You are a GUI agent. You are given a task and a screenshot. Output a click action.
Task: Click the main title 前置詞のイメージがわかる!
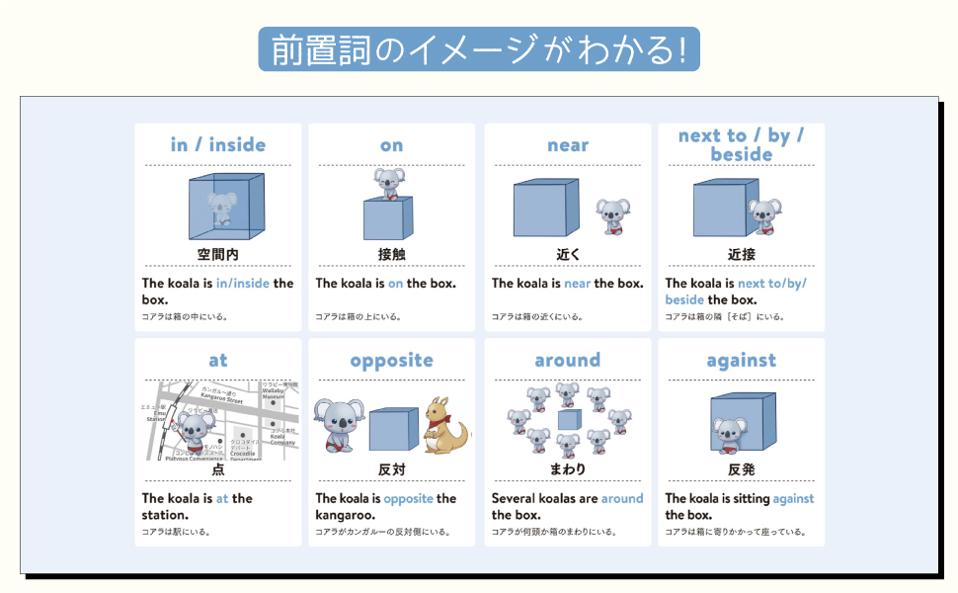478,48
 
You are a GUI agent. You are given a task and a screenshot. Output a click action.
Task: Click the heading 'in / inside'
217,145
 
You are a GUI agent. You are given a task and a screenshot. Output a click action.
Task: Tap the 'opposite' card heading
391,361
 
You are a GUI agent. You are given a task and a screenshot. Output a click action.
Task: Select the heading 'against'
741,361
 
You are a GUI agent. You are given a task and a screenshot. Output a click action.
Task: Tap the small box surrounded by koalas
568,420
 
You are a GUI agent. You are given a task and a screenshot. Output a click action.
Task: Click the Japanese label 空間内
217,254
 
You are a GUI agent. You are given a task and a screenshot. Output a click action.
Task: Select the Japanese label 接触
391,254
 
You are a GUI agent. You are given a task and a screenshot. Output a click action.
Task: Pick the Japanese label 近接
741,254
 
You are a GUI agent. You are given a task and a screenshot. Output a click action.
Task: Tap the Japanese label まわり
567,468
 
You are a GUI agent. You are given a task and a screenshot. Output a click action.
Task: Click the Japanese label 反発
741,468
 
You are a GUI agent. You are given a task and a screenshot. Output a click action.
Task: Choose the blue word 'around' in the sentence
621,499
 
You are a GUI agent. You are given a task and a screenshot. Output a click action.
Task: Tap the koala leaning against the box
731,432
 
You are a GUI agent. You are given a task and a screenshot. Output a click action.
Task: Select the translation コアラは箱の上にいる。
357,317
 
